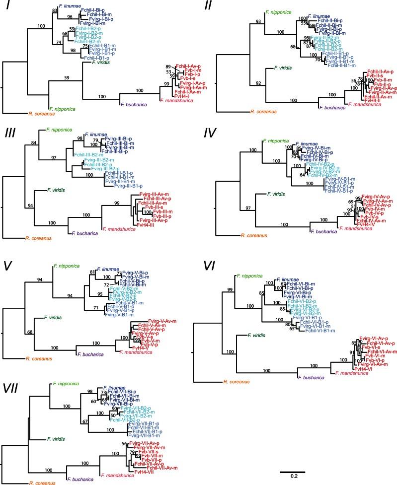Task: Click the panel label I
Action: pos(9,9)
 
